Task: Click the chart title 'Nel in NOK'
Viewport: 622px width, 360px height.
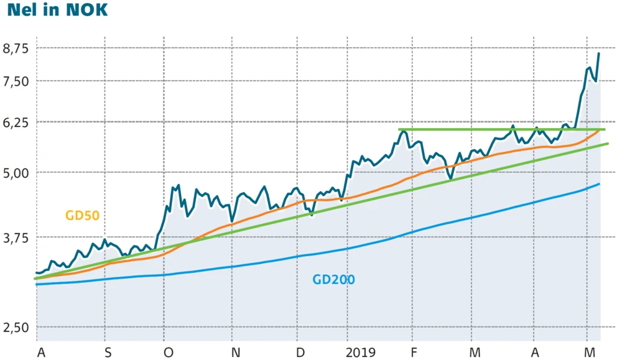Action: pos(57,12)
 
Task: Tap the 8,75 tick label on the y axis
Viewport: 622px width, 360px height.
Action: pos(16,48)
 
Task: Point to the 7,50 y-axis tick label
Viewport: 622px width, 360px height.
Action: pos(16,81)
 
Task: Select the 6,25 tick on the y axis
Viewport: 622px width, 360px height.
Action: pos(16,122)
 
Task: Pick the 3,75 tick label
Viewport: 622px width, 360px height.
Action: pos(16,238)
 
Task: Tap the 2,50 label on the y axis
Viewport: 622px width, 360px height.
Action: pos(16,327)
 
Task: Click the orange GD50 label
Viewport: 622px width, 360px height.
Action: pos(82,216)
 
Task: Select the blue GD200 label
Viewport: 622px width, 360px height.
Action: pos(333,280)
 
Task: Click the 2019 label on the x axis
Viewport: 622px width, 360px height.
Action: pos(361,353)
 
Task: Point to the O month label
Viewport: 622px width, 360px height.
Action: pos(168,353)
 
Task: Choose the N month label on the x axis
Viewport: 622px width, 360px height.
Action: pos(236,353)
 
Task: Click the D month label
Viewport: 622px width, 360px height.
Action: pos(300,353)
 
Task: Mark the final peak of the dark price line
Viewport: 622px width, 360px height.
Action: pos(598,53)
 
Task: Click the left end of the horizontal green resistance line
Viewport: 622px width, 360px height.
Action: pos(399,129)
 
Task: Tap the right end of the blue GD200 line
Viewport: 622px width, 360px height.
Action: pos(599,184)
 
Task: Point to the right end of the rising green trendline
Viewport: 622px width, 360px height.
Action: pos(608,144)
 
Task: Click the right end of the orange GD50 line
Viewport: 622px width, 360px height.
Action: pos(598,131)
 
